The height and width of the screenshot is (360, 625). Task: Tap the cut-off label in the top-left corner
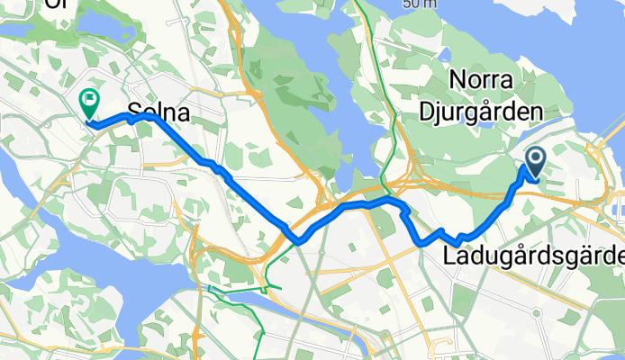(x=56, y=4)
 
